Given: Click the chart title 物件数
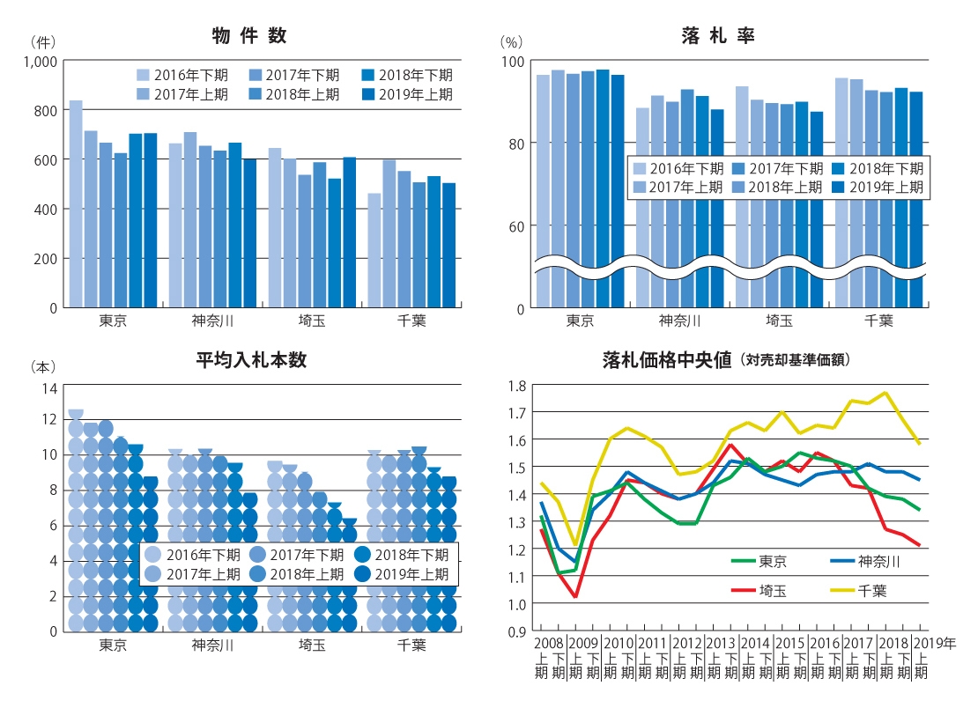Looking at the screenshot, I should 249,36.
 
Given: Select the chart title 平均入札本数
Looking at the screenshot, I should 251,359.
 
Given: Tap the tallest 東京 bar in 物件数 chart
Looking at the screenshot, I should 77,203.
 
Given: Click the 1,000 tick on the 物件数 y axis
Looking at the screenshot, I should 41,61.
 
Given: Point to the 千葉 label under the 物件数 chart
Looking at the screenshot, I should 411,320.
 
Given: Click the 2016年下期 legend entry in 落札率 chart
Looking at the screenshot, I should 677,168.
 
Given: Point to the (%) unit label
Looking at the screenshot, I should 511,41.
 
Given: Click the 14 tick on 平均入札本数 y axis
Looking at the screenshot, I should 49,388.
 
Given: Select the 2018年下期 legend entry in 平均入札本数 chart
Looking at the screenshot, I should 402,555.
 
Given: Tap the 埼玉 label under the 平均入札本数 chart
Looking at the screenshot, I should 312,645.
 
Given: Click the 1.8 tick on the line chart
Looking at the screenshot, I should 516,385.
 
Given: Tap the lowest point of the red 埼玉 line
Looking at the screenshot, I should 575,597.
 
